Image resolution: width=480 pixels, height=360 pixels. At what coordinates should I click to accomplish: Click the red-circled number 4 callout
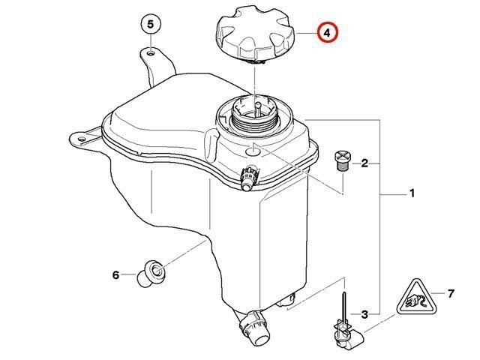(327, 32)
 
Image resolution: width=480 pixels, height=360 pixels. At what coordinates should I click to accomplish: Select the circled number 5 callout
(150, 24)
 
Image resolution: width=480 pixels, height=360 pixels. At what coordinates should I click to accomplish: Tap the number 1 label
(412, 193)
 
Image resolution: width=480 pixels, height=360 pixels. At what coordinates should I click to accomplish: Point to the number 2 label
(364, 163)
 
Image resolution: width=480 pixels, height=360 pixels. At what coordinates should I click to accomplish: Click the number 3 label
(364, 314)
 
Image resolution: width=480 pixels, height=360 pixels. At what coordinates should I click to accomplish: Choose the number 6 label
(115, 275)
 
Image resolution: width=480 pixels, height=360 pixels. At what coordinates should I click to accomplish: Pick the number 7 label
(451, 293)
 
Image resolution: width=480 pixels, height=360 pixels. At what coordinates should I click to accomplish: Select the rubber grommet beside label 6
(151, 273)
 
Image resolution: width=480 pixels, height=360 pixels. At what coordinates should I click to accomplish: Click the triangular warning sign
(416, 298)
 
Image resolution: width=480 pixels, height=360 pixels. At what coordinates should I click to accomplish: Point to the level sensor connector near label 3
(347, 335)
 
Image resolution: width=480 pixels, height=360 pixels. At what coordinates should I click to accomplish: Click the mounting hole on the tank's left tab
(81, 139)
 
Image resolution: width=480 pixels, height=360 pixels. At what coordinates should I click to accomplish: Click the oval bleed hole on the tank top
(253, 151)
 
